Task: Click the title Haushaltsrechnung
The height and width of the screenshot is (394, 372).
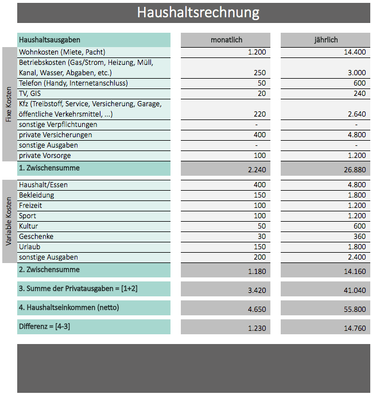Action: click(197, 13)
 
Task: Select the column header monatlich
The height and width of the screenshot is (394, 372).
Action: click(226, 40)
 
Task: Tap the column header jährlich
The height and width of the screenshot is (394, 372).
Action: click(325, 40)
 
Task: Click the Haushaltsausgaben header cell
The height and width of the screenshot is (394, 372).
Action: click(50, 40)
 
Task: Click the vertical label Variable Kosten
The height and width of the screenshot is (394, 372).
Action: click(9, 221)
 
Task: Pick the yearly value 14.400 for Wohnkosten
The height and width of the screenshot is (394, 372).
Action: click(354, 52)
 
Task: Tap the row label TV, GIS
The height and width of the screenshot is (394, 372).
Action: click(30, 94)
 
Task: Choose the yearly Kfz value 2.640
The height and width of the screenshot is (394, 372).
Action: click(355, 114)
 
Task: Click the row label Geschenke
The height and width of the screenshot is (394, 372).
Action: click(36, 237)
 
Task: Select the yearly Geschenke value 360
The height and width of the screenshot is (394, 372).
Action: click(359, 237)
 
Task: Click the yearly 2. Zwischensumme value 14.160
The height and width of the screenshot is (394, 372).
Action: click(354, 271)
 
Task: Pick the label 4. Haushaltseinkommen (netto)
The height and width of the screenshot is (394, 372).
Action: click(69, 307)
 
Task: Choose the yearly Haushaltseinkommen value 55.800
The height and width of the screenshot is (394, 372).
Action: click(354, 310)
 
